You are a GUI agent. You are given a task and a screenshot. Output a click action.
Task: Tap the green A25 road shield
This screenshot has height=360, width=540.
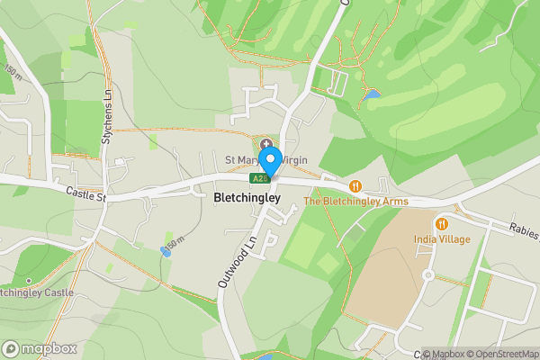[x=261, y=178]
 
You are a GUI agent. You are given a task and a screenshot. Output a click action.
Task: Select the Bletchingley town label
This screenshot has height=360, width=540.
[x=247, y=197]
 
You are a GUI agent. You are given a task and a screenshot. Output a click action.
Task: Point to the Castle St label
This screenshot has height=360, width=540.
[x=86, y=193]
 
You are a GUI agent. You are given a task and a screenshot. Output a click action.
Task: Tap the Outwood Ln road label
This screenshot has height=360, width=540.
[x=232, y=262]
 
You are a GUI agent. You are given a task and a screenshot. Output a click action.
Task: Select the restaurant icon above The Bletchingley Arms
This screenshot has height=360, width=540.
[x=356, y=186]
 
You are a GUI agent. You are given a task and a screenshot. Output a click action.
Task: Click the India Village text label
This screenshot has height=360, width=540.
[x=441, y=238]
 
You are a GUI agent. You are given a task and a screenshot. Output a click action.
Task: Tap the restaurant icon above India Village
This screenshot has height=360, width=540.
[x=441, y=223]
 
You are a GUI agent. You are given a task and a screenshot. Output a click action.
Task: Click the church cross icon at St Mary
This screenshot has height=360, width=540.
[x=266, y=145]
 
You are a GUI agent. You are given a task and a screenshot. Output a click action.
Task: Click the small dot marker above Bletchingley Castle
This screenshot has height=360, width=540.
[x=27, y=280]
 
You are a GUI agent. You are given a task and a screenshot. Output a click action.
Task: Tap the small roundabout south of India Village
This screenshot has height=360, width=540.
[x=428, y=274]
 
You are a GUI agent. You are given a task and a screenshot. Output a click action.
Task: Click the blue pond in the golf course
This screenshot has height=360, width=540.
[x=372, y=94]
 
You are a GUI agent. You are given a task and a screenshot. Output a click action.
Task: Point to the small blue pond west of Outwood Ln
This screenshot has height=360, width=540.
[x=164, y=250]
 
